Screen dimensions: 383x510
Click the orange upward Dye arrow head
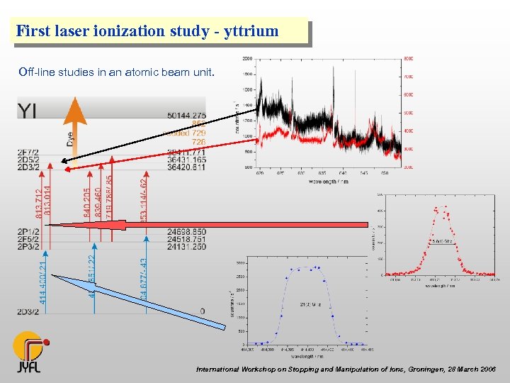74,110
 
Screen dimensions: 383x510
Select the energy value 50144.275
187,115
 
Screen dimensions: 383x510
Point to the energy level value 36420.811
187,167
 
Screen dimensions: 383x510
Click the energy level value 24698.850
187,232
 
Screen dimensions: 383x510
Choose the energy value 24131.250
187,248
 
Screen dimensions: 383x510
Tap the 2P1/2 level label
29,232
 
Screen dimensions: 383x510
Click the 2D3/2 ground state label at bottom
29,311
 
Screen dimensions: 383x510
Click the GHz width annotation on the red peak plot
442,240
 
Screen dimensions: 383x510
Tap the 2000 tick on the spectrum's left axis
248,59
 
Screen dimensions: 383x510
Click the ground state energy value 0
203,311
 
